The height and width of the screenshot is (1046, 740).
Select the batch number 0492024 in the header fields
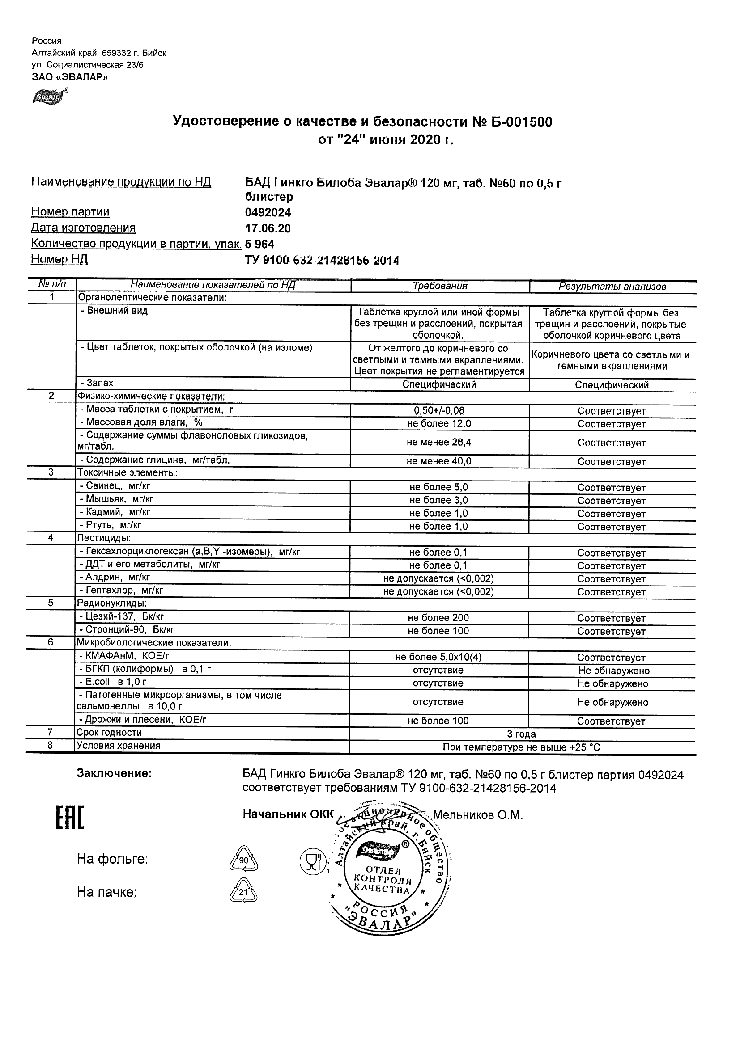click(268, 213)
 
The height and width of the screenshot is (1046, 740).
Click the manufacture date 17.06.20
click(268, 228)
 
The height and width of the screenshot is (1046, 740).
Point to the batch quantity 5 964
click(259, 244)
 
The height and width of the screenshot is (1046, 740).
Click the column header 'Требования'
click(440, 286)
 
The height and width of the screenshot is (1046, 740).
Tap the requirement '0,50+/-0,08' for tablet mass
click(439, 411)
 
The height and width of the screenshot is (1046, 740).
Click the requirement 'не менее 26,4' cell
click(439, 442)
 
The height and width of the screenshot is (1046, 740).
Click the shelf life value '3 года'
click(521, 734)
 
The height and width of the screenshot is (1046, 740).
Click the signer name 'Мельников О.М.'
click(477, 815)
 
